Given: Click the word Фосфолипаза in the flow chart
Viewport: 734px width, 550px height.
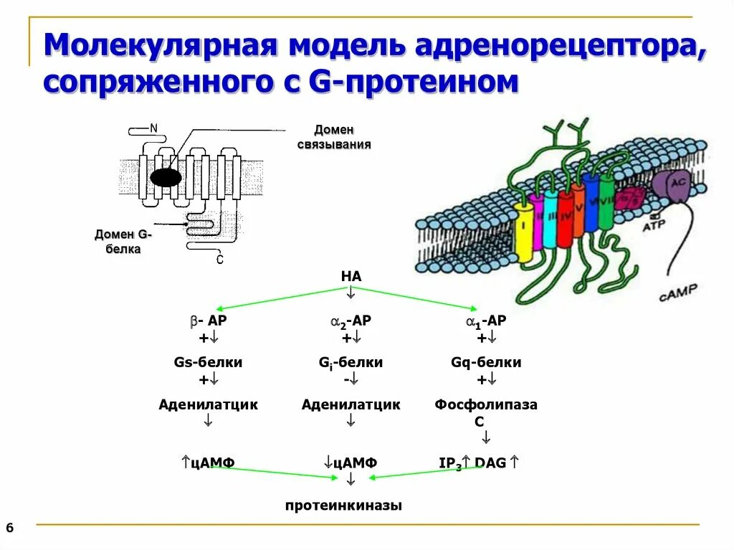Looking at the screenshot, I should tap(485, 405).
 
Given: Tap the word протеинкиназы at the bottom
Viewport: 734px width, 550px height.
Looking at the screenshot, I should tap(343, 506).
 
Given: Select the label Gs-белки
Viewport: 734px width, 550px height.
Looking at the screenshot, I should tap(208, 363).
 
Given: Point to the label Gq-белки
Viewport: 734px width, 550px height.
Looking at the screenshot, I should tap(486, 363).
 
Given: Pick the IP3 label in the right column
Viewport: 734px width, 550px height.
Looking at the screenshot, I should tap(450, 464).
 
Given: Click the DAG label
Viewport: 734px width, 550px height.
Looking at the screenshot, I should tap(490, 463).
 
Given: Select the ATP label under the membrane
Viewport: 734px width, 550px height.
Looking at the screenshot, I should tap(653, 227).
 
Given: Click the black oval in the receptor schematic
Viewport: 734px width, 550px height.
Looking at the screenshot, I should tap(166, 178).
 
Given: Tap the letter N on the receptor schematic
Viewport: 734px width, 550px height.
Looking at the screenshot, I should tap(153, 128).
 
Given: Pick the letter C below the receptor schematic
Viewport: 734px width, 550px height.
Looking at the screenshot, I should tap(219, 260).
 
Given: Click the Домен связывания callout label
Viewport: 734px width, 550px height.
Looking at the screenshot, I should tap(334, 137).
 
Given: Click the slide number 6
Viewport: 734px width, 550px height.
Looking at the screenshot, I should tap(9, 528).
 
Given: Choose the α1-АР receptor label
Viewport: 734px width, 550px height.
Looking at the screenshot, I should tap(486, 322).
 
